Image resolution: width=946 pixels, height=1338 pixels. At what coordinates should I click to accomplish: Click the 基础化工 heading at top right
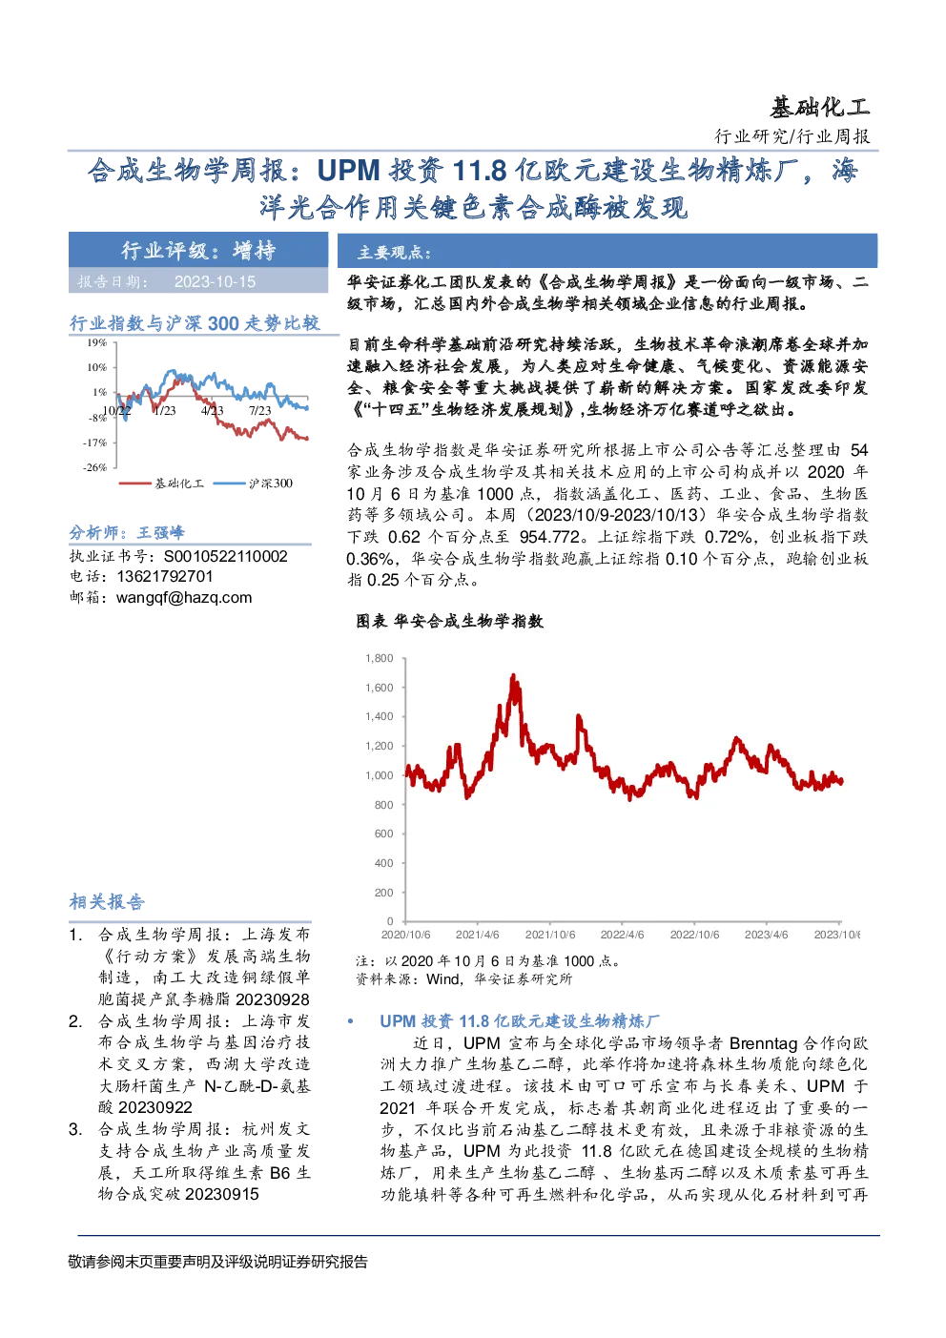tap(819, 108)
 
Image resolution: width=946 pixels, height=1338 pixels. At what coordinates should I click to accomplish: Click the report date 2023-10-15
tap(215, 282)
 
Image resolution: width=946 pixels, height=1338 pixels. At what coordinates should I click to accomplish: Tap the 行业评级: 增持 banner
tap(198, 250)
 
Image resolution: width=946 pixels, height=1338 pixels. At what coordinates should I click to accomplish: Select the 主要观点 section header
tap(394, 253)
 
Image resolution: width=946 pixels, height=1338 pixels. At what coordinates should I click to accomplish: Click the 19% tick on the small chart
tap(97, 342)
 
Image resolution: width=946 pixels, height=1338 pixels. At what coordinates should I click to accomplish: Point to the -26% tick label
tap(95, 467)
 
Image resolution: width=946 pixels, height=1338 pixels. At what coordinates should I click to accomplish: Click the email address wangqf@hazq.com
tap(184, 598)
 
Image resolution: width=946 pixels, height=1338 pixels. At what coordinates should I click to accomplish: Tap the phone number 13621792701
tap(165, 576)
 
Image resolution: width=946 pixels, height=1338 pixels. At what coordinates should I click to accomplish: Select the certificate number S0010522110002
tap(226, 557)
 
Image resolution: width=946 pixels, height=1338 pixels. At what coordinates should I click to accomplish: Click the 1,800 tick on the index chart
tap(380, 658)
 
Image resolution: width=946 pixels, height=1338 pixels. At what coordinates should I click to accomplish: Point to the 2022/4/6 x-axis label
tap(623, 935)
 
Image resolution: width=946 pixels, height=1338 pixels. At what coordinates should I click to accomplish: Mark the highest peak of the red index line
tap(513, 675)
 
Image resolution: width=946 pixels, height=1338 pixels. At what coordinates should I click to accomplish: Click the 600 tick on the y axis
tap(383, 834)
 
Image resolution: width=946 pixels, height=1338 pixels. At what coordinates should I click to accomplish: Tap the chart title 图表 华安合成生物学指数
tap(450, 622)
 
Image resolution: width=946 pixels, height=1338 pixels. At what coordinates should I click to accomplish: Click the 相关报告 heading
tap(107, 902)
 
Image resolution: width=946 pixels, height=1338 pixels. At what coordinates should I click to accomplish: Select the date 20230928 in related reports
tap(273, 999)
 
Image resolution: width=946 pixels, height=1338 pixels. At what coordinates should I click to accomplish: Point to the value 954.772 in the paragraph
tap(549, 537)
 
